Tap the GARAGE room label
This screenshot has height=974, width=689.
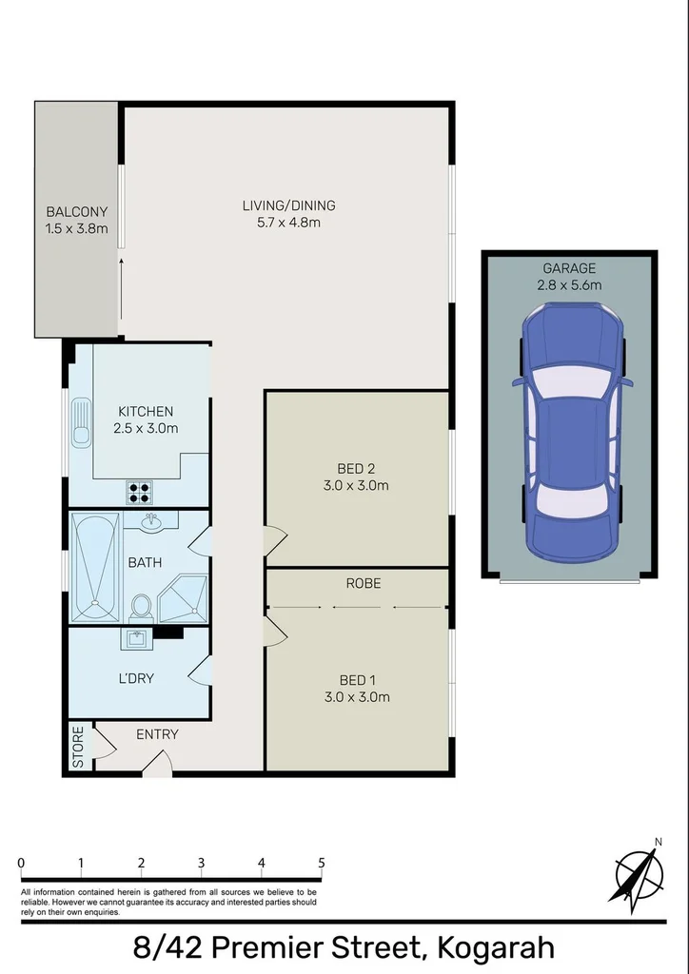point(570,268)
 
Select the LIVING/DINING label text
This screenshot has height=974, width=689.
point(288,205)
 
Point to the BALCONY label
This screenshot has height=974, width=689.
point(76,212)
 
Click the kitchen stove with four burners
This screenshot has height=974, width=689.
point(140,492)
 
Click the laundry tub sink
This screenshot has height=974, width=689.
point(136,638)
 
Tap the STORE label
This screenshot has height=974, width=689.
point(79,747)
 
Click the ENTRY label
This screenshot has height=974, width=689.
point(157,734)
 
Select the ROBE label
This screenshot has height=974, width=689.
point(363,583)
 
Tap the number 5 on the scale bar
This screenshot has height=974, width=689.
point(321,863)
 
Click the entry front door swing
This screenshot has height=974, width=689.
point(160,761)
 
